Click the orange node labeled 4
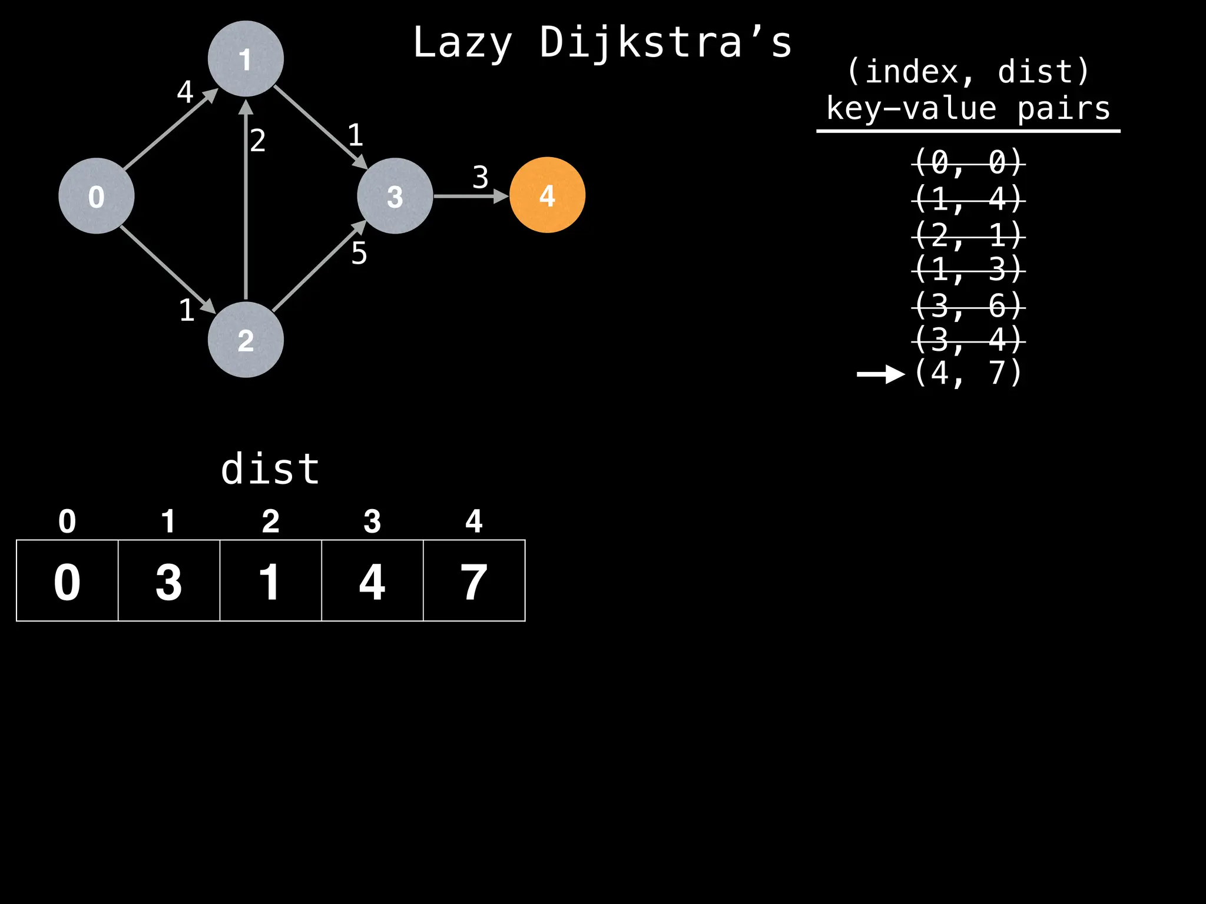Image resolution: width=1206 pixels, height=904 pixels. coord(547,195)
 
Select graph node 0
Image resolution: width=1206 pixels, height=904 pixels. coord(97,196)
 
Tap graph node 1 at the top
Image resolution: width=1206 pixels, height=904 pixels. coord(246,59)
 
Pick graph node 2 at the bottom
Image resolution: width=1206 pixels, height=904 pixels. coord(246,340)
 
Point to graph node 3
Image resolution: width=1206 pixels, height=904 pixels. coord(395,196)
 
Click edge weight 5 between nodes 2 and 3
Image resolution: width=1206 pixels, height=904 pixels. coord(359,254)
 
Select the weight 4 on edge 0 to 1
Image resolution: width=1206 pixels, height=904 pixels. coord(185,92)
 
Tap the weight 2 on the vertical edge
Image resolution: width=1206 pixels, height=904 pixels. coord(258,141)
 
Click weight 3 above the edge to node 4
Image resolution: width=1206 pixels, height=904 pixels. coord(481,177)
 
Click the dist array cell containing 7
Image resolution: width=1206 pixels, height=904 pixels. coord(474,581)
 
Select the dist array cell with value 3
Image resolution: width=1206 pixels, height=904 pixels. coord(169,581)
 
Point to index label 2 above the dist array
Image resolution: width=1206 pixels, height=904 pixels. coord(270,521)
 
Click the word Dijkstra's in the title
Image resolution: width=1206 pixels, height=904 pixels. coord(665,42)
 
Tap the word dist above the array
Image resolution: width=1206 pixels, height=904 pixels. coord(270,469)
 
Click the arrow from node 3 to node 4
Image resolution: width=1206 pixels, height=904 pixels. coord(471,196)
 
